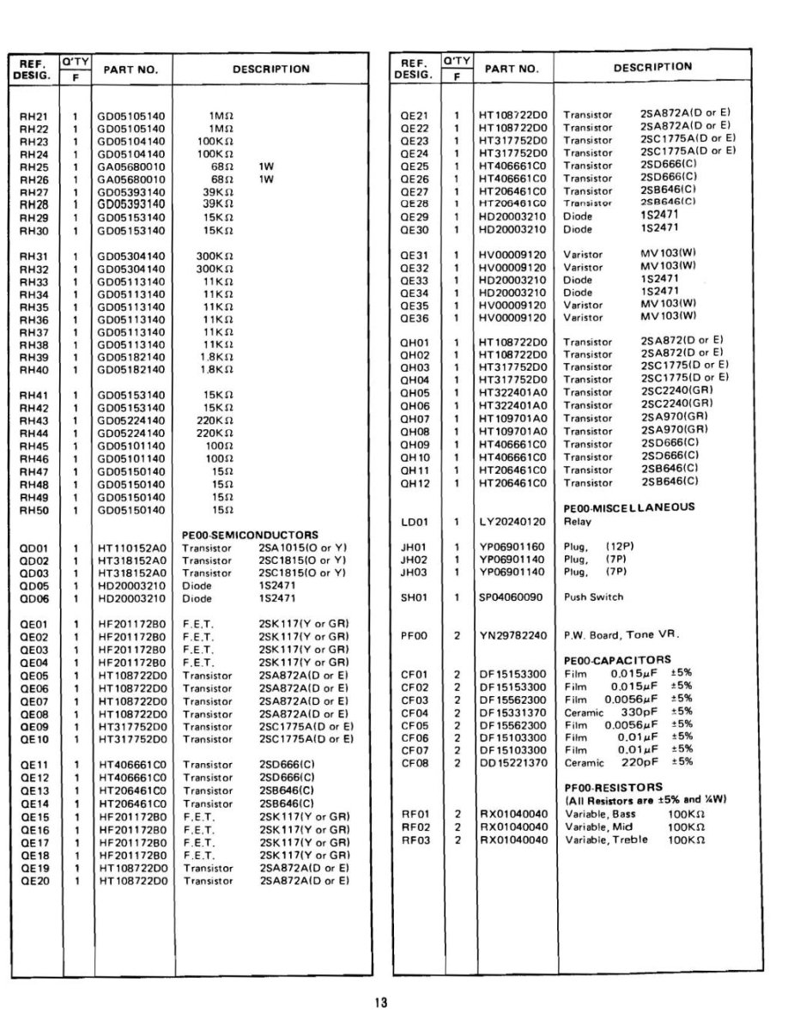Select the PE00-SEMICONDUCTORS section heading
[250, 535]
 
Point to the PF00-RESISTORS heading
[613, 786]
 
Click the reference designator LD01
[415, 521]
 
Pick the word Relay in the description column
[577, 521]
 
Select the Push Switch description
[593, 597]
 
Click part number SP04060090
[512, 597]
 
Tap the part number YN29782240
[512, 635]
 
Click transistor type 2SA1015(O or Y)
[301, 548]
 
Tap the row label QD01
[33, 548]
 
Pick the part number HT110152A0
[131, 548]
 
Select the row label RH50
[33, 511]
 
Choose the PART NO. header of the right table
[512, 69]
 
